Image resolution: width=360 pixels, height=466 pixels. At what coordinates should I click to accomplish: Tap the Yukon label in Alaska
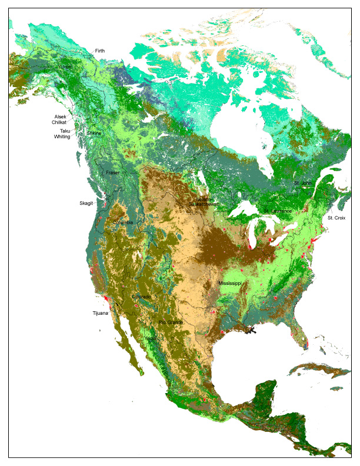coord(65,68)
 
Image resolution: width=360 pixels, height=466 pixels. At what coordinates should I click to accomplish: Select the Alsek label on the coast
coord(61,116)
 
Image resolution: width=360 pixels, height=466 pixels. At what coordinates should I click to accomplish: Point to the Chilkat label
coord(59,122)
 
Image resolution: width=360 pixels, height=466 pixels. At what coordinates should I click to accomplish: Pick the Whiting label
coord(62,137)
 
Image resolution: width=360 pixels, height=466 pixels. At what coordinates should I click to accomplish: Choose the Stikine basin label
coord(94,134)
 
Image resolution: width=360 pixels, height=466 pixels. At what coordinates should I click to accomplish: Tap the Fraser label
coord(112,173)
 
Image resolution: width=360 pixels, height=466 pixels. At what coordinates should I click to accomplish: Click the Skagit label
coord(86,203)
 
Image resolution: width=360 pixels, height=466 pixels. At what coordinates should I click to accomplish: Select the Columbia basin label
coord(123,222)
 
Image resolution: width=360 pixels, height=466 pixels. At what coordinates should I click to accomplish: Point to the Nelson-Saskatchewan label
coord(204,202)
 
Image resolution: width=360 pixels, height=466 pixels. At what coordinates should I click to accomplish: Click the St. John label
coord(302,183)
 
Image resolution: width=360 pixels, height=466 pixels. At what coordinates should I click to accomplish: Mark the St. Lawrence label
coord(278,211)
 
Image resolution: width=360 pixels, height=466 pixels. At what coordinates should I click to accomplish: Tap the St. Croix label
coord(336,218)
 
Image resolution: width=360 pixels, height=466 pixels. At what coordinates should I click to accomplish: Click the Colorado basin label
coord(141,297)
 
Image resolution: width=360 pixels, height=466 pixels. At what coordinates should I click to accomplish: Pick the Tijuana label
coord(100,313)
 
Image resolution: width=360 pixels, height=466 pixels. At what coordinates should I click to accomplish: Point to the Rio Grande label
coord(171,322)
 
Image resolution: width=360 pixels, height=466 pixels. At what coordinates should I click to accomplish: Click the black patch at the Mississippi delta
coord(252,330)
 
